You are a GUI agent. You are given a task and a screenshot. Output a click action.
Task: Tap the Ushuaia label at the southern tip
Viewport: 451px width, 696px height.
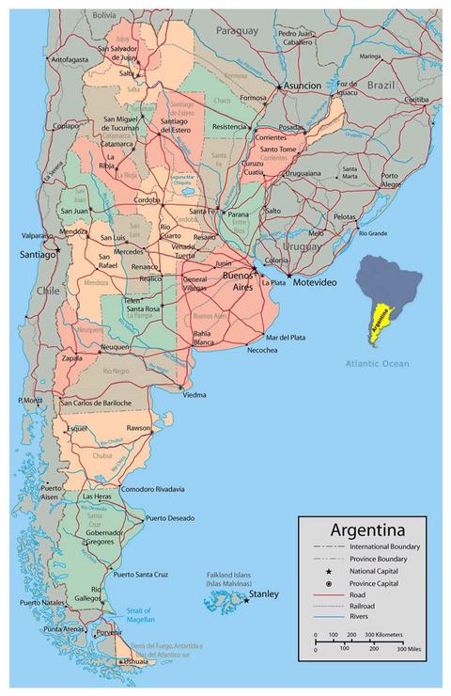pos(134,662)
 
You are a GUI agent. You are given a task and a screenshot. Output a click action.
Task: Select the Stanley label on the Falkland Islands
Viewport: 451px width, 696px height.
pos(264,594)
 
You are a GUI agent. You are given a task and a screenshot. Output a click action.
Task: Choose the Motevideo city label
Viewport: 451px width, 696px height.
pos(316,282)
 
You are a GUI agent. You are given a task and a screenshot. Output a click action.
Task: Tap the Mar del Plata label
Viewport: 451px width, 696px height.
pos(286,337)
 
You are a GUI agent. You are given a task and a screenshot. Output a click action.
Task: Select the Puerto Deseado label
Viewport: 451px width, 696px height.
pos(170,518)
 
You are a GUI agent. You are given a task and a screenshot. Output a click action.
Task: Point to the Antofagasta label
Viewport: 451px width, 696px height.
pos(69,59)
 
